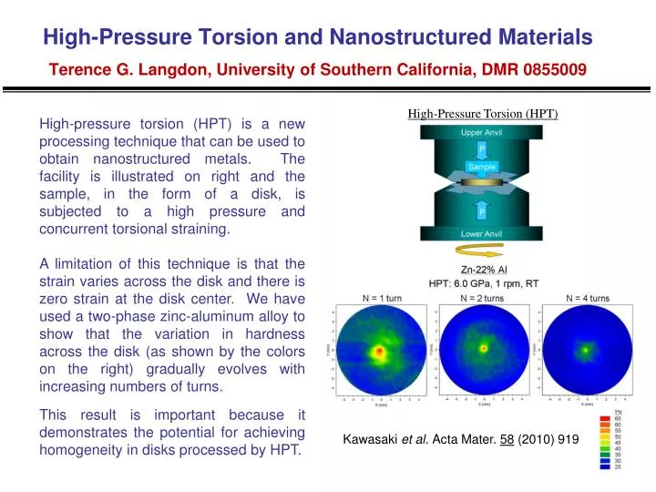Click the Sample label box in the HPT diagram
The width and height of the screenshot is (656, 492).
pyautogui.click(x=481, y=167)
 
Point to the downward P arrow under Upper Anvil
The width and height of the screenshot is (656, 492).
pyautogui.click(x=481, y=150)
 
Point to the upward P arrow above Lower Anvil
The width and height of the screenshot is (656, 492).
pyautogui.click(x=481, y=210)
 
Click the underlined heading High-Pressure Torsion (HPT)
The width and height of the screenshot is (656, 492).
pyautogui.click(x=482, y=114)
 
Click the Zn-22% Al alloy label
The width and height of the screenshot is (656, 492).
pyautogui.click(x=483, y=269)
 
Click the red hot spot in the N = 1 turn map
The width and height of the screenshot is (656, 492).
pyautogui.click(x=377, y=351)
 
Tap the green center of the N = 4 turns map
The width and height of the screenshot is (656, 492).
pyautogui.click(x=589, y=349)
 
